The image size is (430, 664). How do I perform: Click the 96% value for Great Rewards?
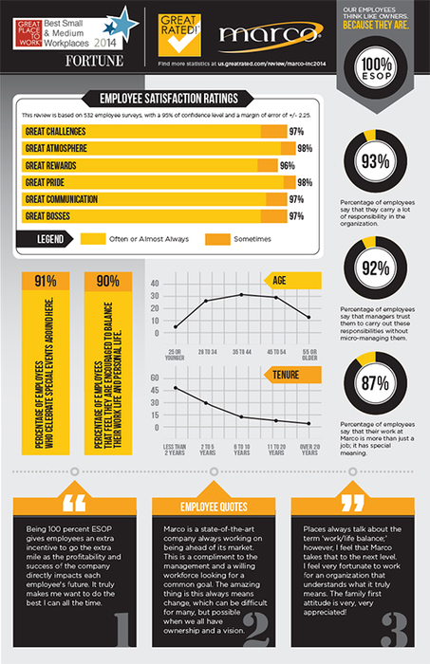[x=287, y=165]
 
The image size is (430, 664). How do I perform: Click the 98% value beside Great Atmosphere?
[x=305, y=148]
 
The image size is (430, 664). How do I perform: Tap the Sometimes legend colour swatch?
[x=218, y=238]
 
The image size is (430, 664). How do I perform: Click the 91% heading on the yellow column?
[x=45, y=282]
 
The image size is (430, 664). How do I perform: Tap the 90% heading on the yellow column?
[x=107, y=282]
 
